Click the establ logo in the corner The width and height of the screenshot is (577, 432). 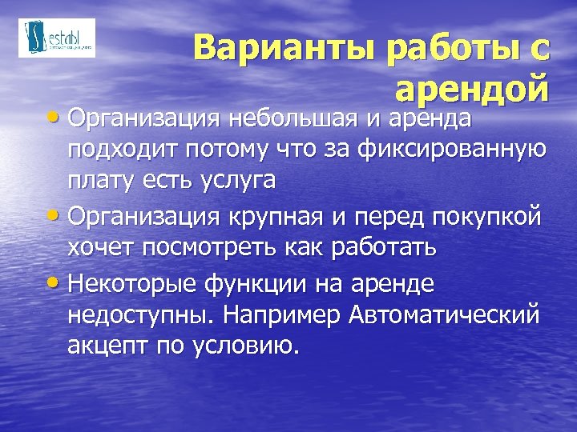[56, 38]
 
